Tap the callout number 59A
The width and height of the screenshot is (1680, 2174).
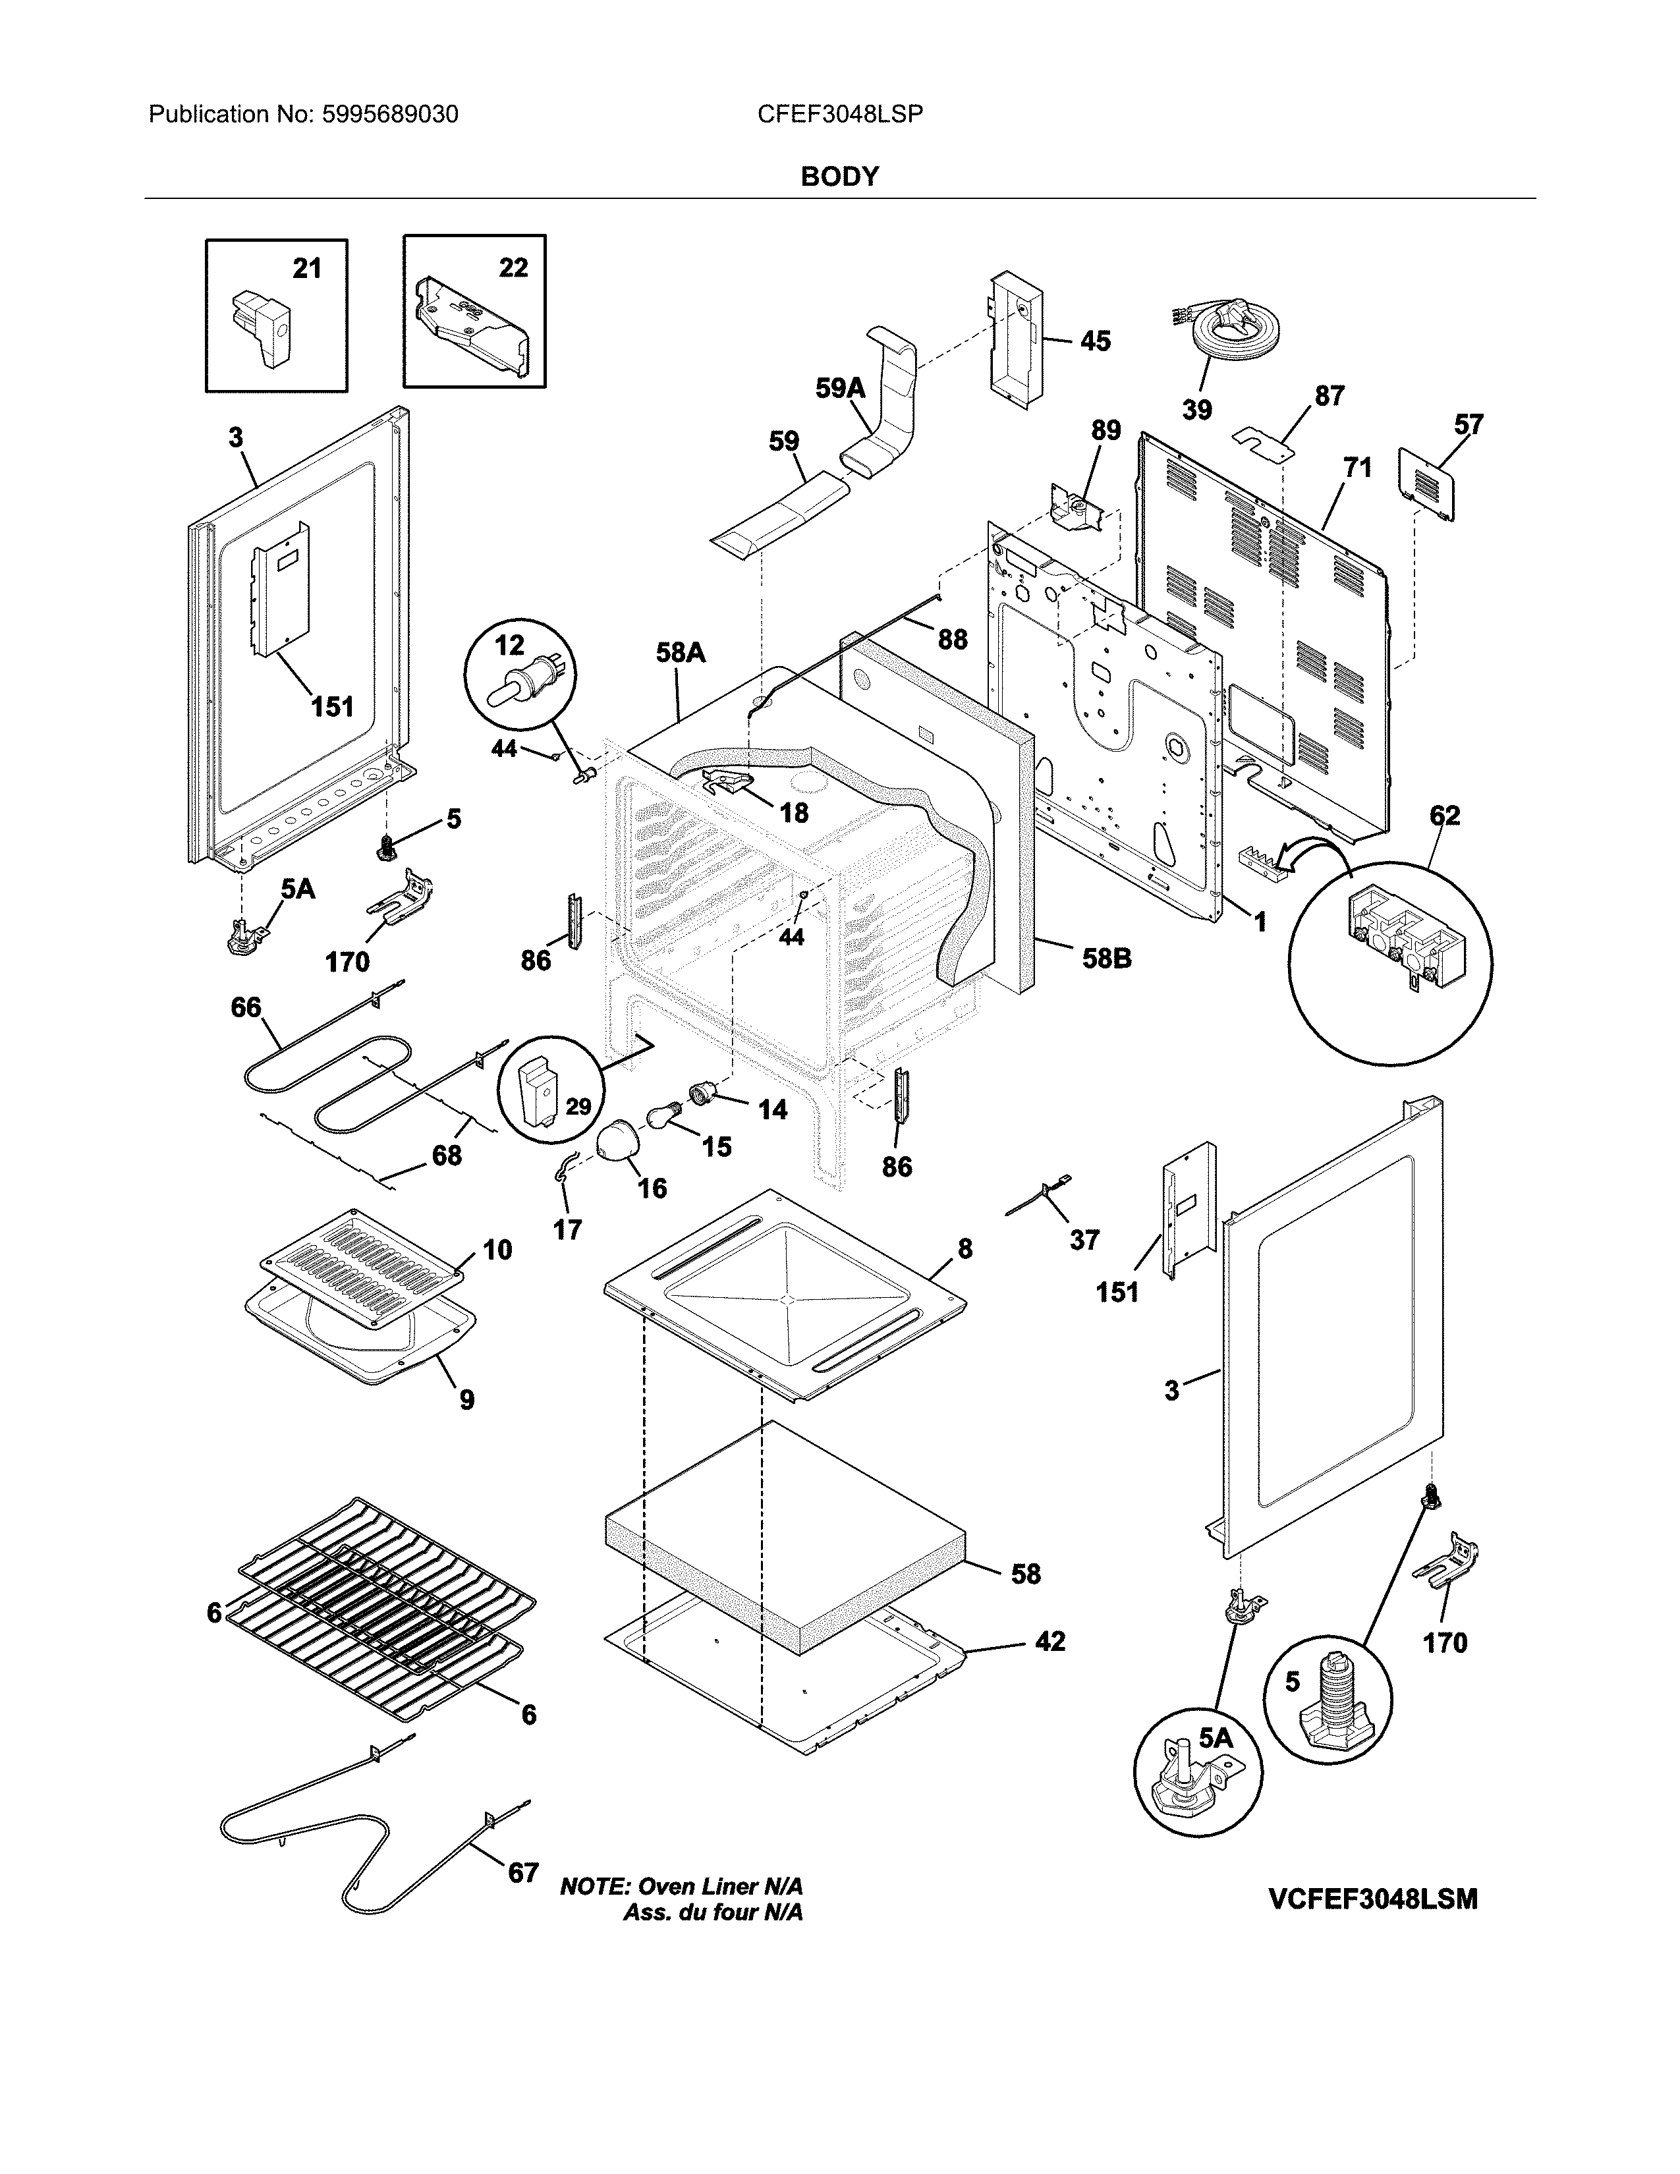(840, 388)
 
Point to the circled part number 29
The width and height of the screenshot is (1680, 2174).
(579, 1106)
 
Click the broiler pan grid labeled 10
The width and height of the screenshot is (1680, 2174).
(360, 1266)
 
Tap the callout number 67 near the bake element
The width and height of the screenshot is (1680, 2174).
(524, 1872)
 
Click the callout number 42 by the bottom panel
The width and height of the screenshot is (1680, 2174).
(1050, 1640)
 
